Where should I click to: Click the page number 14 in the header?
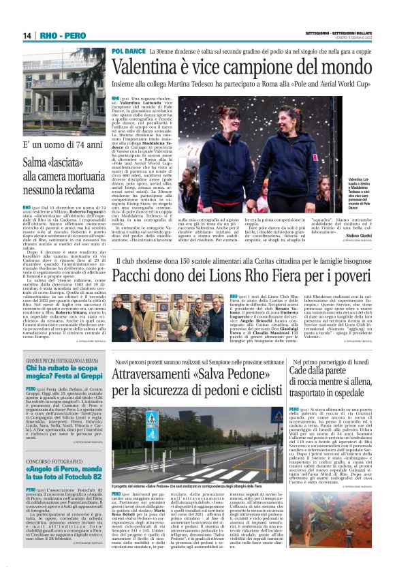pos(28,35)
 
